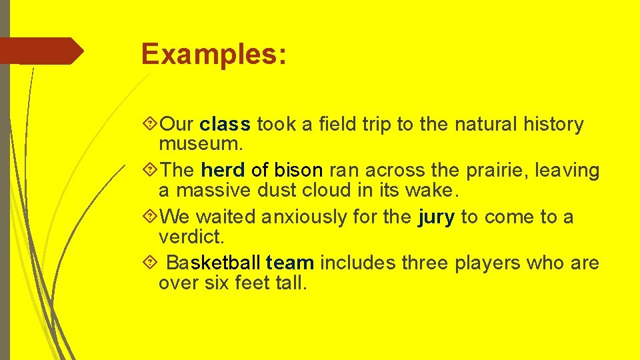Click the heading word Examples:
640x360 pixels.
(214, 54)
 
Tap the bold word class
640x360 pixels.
(225, 125)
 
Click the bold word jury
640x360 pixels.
(436, 217)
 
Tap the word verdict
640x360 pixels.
(190, 237)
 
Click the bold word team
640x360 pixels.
(289, 263)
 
